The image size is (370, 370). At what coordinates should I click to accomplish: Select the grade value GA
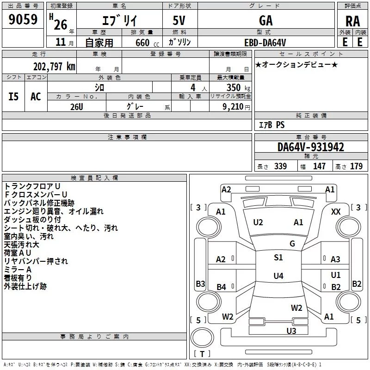click(265, 20)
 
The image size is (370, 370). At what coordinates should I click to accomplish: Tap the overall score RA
click(352, 21)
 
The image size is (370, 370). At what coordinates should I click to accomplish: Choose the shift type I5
click(14, 97)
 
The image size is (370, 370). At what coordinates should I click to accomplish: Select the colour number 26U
click(77, 106)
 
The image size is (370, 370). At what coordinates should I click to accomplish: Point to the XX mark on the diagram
click(336, 211)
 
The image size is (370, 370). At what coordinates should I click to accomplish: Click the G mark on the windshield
click(292, 243)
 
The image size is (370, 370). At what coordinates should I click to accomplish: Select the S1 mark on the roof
click(278, 258)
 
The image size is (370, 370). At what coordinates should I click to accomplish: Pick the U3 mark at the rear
click(291, 331)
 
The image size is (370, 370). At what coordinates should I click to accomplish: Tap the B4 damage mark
click(222, 287)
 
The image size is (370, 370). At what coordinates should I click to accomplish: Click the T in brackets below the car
click(202, 354)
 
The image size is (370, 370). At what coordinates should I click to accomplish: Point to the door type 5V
click(180, 20)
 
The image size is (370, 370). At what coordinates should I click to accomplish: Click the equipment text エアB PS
click(271, 125)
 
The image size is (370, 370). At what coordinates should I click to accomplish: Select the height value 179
click(356, 166)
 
